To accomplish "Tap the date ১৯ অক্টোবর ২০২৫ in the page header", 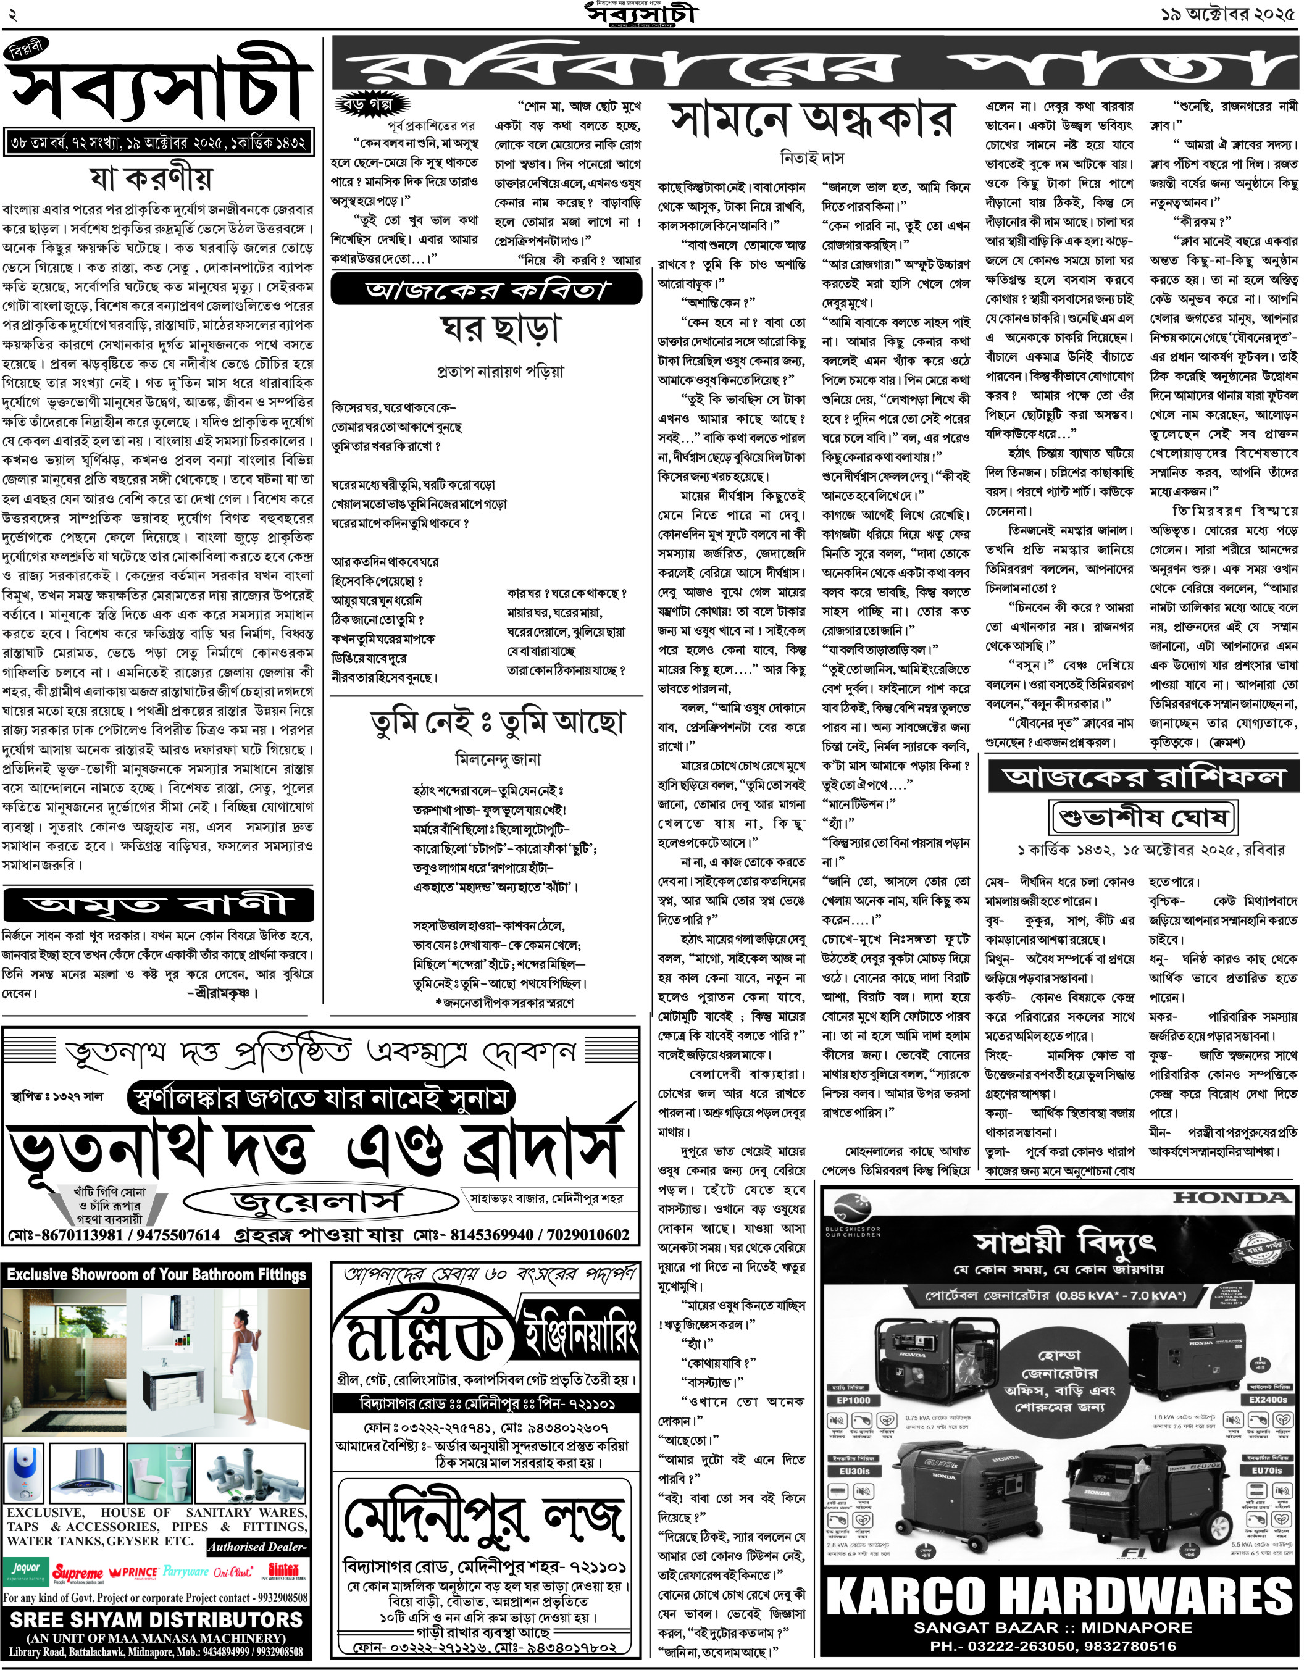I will (x=1227, y=14).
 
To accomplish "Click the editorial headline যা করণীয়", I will (x=151, y=179).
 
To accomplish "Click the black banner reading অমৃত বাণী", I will (x=158, y=905).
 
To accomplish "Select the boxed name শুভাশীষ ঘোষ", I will (x=1143, y=817).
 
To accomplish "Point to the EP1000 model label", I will (x=853, y=1400).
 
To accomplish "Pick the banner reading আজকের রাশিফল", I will (x=1143, y=777).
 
